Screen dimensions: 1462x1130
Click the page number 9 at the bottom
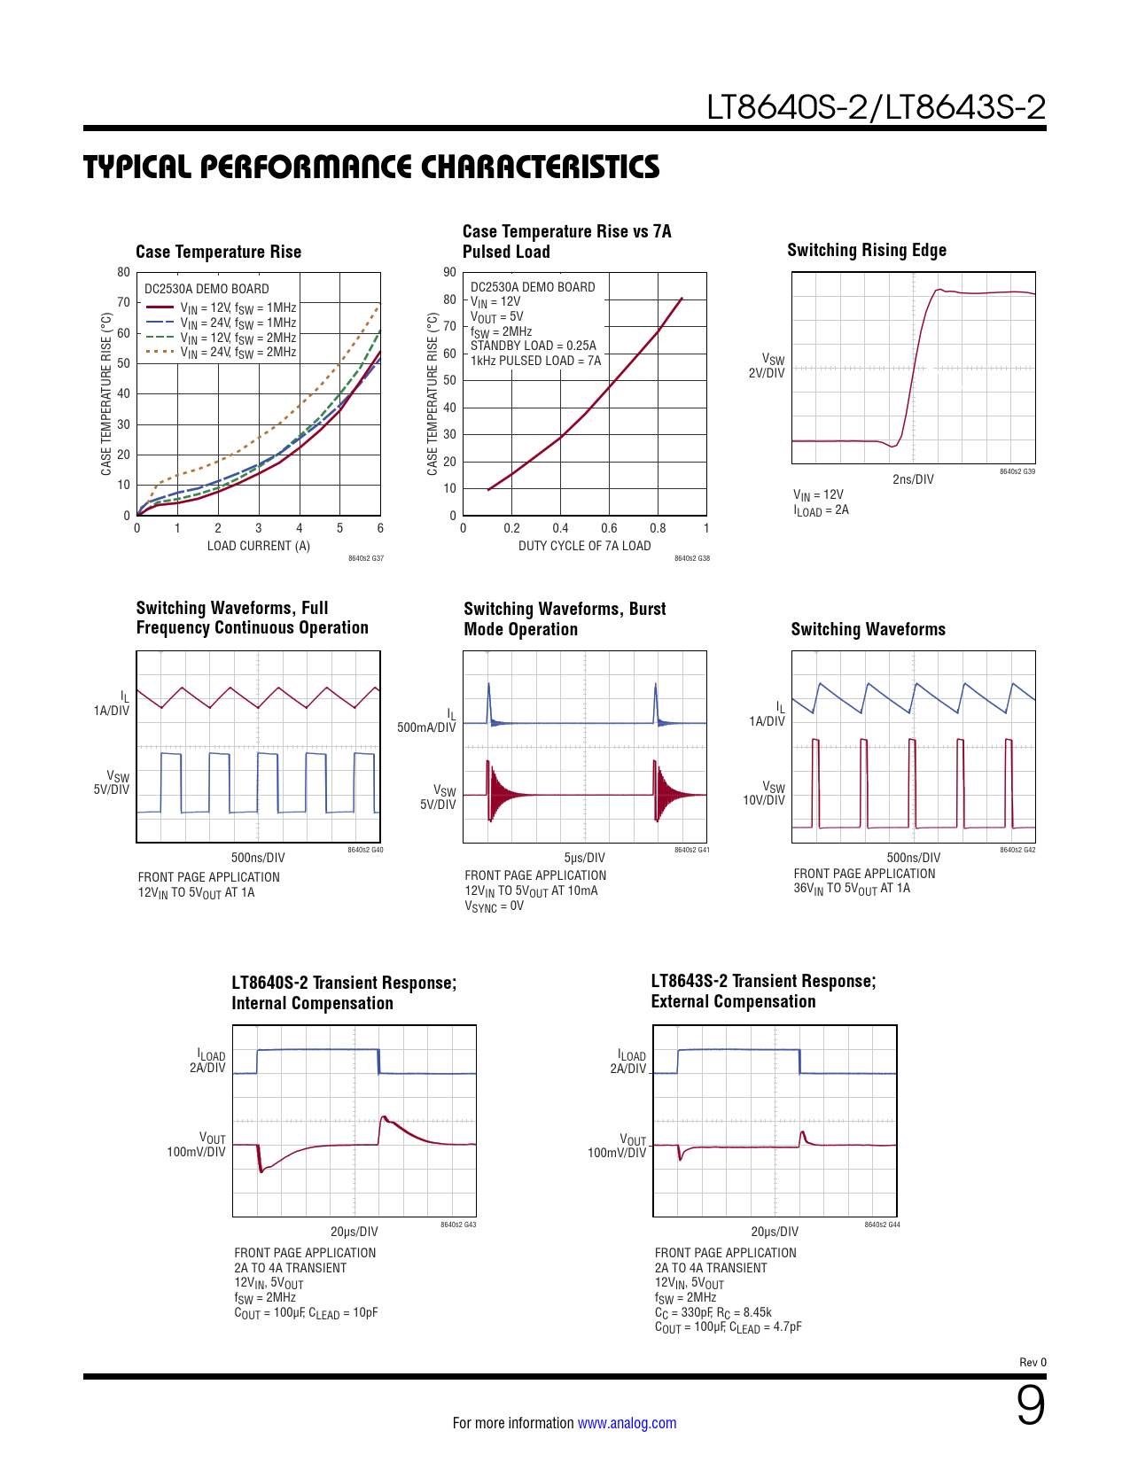1030,1406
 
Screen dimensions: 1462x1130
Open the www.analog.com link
627,1423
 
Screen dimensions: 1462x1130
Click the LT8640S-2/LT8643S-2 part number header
876,107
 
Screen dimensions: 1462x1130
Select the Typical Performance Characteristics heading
371,167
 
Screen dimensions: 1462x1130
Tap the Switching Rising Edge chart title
866,251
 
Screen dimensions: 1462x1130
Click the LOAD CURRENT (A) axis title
258,546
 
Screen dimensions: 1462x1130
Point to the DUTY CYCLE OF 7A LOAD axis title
584,546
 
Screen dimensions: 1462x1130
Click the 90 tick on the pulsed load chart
450,273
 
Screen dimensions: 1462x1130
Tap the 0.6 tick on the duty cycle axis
609,528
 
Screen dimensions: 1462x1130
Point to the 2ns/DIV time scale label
913,479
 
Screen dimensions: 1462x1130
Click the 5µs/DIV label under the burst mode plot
584,858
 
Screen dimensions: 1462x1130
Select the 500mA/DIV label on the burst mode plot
426,727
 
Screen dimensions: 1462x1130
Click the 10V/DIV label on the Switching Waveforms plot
764,800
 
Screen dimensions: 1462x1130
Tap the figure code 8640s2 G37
366,559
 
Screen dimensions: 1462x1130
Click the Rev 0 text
1033,1363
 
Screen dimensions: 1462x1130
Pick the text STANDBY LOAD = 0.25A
533,346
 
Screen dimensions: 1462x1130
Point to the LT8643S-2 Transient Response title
763,982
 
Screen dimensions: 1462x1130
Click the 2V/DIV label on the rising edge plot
767,373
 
